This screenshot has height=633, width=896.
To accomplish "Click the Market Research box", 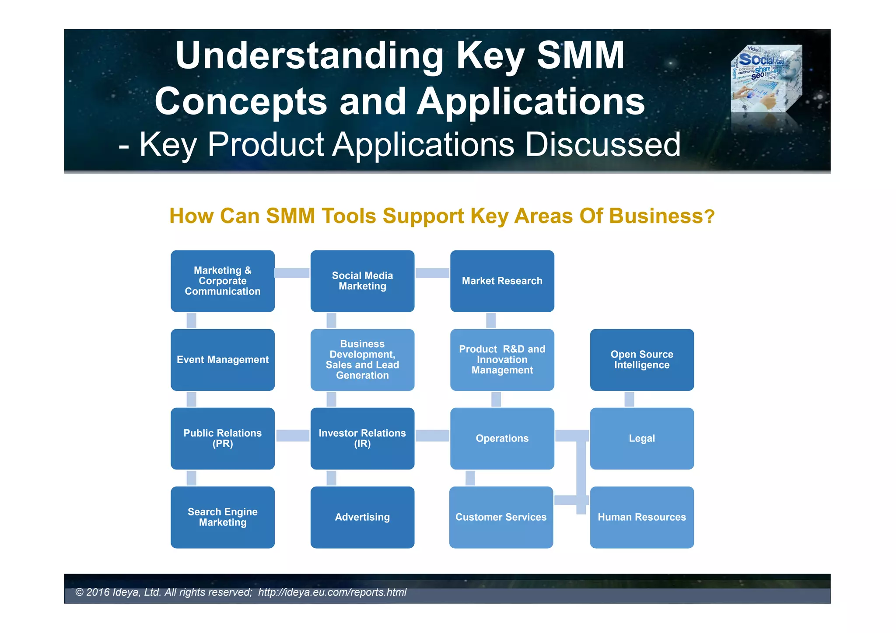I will click(x=502, y=281).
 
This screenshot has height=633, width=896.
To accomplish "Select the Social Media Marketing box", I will click(x=362, y=281).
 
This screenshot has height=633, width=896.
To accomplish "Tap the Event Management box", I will click(x=222, y=360).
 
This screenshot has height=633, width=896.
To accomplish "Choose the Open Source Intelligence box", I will click(x=641, y=360).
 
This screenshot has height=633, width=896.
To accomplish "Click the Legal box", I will click(x=641, y=438).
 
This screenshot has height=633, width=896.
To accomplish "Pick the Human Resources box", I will click(x=641, y=517).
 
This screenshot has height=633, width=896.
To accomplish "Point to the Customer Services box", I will click(x=501, y=517).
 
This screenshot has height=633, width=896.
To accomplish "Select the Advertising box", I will click(x=362, y=517).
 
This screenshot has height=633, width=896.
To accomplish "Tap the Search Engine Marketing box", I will click(x=222, y=517).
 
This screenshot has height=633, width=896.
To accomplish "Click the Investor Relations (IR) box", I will click(x=362, y=438).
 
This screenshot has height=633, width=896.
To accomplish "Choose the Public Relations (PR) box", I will click(x=222, y=438).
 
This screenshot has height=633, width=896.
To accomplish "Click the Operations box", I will click(x=502, y=438).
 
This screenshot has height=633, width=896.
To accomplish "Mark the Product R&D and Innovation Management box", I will click(x=502, y=360).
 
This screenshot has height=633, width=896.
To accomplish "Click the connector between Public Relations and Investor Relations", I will click(x=293, y=435).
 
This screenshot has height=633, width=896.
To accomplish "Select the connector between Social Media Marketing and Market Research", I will click(x=432, y=273).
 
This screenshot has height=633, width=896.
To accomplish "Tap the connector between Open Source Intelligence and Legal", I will click(x=629, y=399).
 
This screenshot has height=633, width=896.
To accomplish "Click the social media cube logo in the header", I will click(x=766, y=79).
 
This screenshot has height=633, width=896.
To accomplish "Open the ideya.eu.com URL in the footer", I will click(x=332, y=592).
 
